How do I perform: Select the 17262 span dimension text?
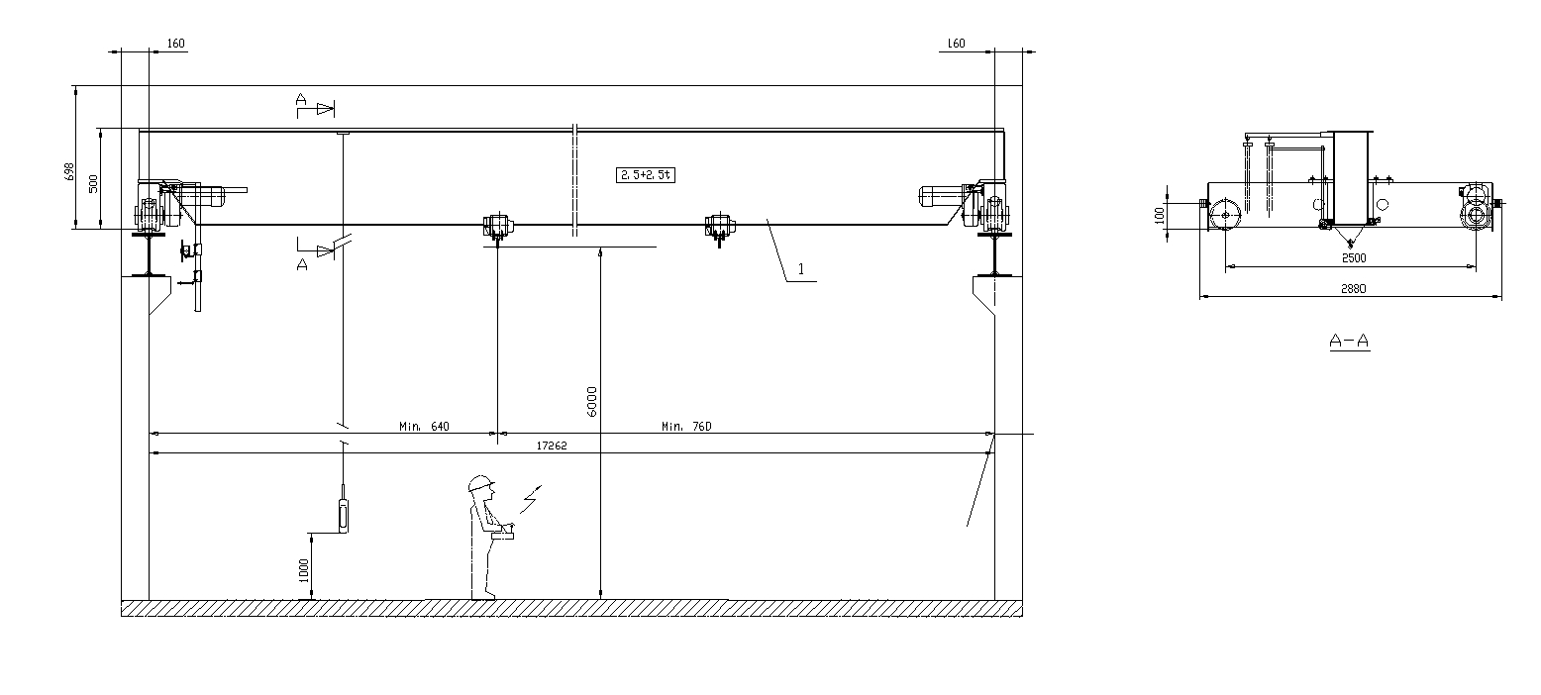pyautogui.click(x=552, y=447)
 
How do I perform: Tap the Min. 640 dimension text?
pyautogui.click(x=425, y=427)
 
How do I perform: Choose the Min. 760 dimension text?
pyautogui.click(x=686, y=427)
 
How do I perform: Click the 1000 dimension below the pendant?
pyautogui.click(x=303, y=570)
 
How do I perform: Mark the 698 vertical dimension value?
pyautogui.click(x=68, y=170)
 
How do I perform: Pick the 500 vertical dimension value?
pyautogui.click(x=94, y=183)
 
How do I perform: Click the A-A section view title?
pyautogui.click(x=1349, y=342)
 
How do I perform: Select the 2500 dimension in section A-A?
pyautogui.click(x=1354, y=258)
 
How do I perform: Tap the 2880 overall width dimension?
pyautogui.click(x=1354, y=288)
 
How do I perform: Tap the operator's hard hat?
pyautogui.click(x=481, y=483)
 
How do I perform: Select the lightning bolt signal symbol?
pyautogui.click(x=533, y=500)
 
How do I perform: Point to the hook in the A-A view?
pyautogui.click(x=1349, y=242)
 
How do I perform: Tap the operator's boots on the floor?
pyautogui.click(x=483, y=595)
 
